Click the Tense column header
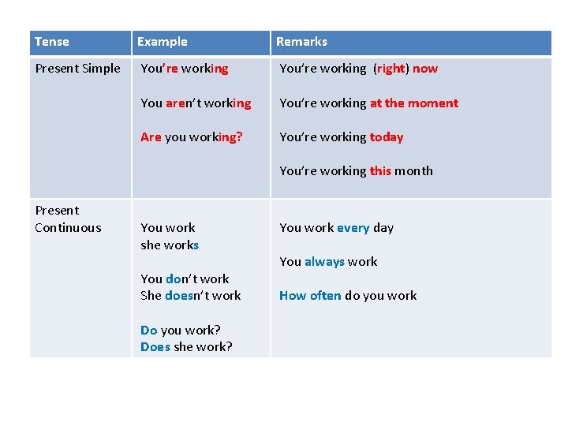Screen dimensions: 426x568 tap(52, 42)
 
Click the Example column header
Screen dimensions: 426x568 tap(163, 42)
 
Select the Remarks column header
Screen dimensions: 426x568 tap(301, 42)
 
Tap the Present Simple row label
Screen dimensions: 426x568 tap(78, 69)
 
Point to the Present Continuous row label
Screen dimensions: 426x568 tap(68, 219)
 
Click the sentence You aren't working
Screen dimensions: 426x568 tap(196, 103)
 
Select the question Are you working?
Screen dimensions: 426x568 tap(192, 137)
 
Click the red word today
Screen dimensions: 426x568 tap(387, 137)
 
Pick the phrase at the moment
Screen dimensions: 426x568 tap(414, 103)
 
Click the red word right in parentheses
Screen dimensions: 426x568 tap(390, 69)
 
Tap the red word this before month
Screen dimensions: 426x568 tap(380, 171)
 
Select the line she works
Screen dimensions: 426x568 tap(170, 245)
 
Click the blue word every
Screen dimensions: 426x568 tap(353, 228)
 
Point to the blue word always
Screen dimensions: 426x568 tap(324, 262)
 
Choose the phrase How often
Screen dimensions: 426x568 tap(310, 296)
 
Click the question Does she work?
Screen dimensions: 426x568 tap(186, 347)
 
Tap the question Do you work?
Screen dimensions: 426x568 tap(181, 331)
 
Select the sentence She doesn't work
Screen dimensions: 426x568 tap(191, 296)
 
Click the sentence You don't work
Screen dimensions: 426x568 tap(185, 279)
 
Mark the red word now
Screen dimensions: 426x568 tap(425, 69)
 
